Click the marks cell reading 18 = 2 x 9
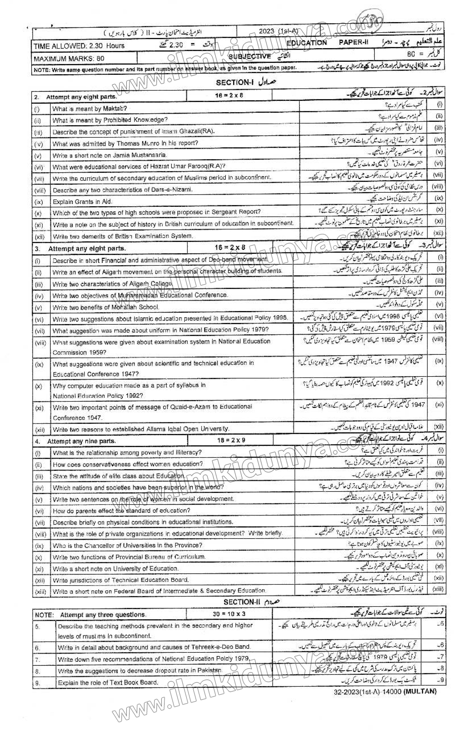click(x=230, y=440)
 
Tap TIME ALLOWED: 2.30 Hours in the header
click(x=79, y=46)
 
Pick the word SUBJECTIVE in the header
click(x=249, y=56)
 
